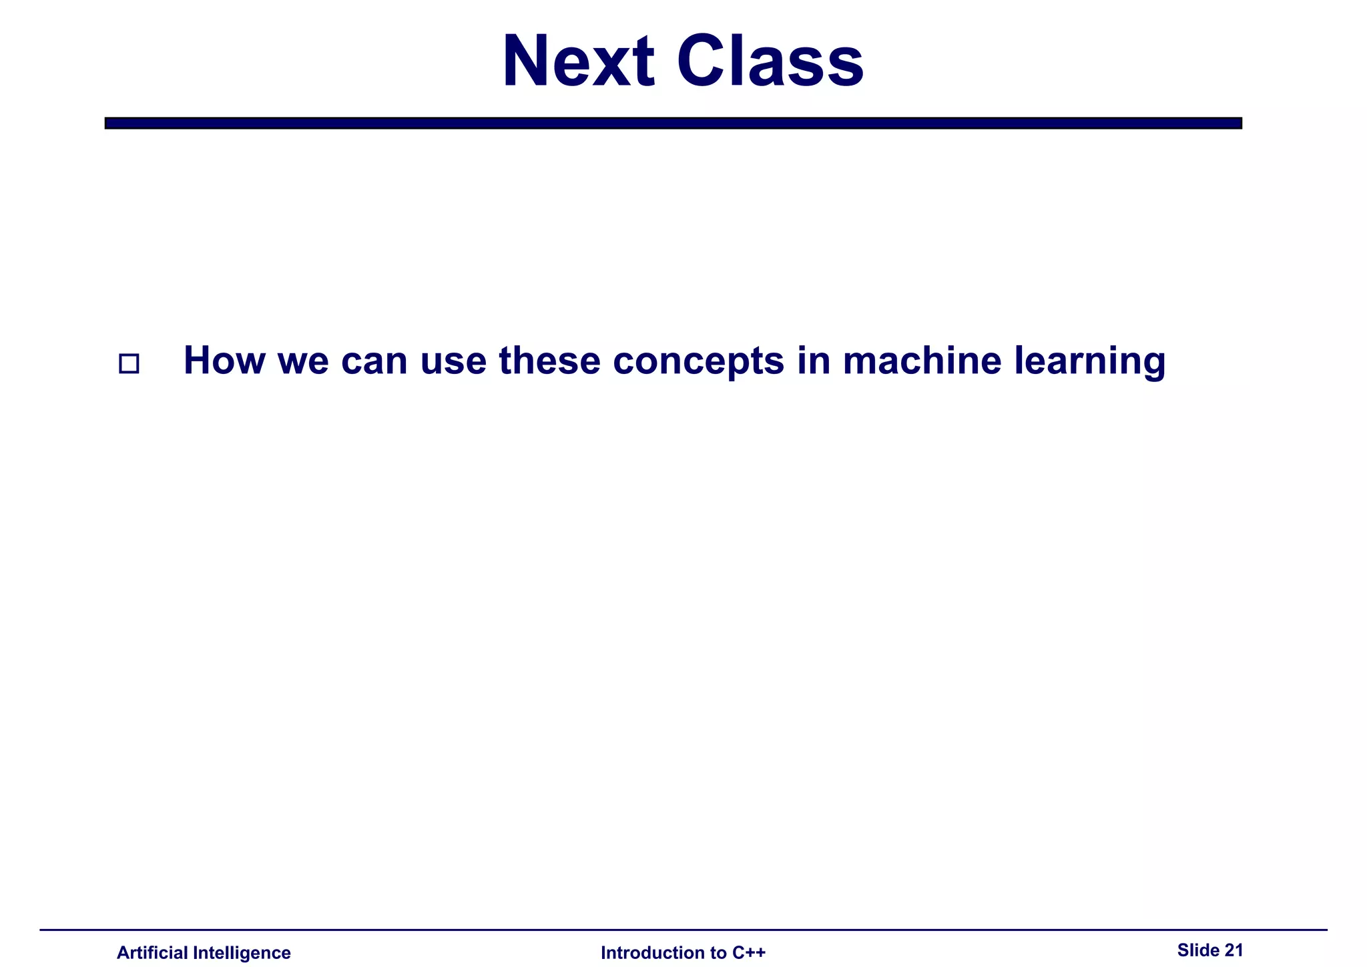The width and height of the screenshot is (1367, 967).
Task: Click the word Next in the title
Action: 578,61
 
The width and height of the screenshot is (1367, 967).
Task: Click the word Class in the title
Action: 770,61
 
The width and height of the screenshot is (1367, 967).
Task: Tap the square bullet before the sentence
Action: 129,364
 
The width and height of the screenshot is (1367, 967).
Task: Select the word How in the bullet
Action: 224,361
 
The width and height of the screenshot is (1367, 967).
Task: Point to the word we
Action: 303,361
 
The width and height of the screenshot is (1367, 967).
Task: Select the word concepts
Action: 698,361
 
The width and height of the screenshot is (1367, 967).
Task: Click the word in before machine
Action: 813,361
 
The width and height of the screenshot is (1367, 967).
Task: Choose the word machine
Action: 922,361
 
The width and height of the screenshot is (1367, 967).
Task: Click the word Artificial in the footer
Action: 152,952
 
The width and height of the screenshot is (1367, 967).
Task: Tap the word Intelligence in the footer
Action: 242,952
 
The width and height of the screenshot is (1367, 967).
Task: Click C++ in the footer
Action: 749,952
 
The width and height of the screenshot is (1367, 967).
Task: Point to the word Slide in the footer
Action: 1197,950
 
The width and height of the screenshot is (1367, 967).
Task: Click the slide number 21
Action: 1234,950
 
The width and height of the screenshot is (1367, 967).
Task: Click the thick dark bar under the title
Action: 673,123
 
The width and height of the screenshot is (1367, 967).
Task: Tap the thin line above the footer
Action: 683,930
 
